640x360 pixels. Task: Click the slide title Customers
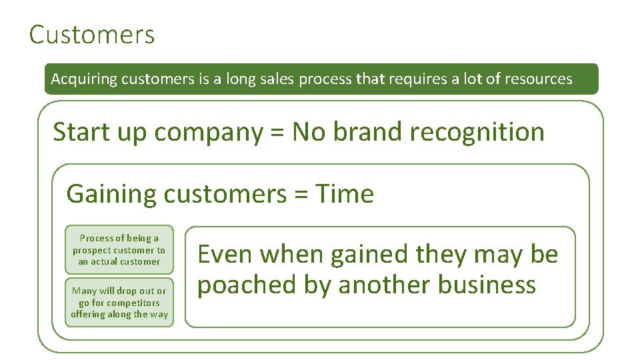[92, 35]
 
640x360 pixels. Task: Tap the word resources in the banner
[538, 79]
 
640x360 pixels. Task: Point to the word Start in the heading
[77, 132]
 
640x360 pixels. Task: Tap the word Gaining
[111, 194]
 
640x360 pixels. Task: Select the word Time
[345, 194]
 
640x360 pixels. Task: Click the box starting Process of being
[119, 249]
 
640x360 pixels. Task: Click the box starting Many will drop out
[119, 303]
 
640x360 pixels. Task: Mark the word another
[384, 285]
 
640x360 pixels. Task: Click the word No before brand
[308, 132]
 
